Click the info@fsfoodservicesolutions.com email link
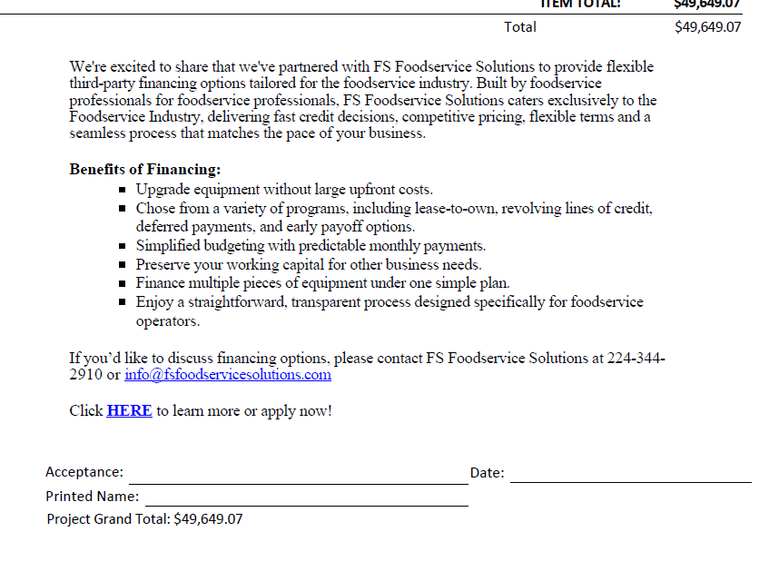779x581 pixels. [228, 374]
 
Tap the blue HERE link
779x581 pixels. [129, 410]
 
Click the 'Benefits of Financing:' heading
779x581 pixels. [145, 170]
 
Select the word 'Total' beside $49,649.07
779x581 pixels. [520, 27]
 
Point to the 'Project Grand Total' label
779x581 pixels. [108, 518]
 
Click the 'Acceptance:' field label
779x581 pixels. [84, 472]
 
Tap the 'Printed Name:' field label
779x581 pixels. [93, 497]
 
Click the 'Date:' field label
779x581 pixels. [488, 472]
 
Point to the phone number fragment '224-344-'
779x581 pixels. [636, 358]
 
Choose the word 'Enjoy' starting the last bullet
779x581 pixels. [154, 302]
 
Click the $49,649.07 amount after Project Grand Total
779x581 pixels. [208, 518]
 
